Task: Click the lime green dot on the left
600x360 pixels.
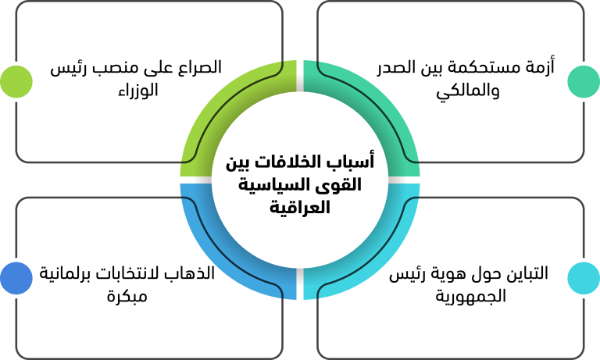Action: pyautogui.click(x=16, y=81)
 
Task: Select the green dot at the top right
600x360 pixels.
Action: pyautogui.click(x=584, y=81)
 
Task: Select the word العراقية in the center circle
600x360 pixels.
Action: pyautogui.click(x=300, y=208)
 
